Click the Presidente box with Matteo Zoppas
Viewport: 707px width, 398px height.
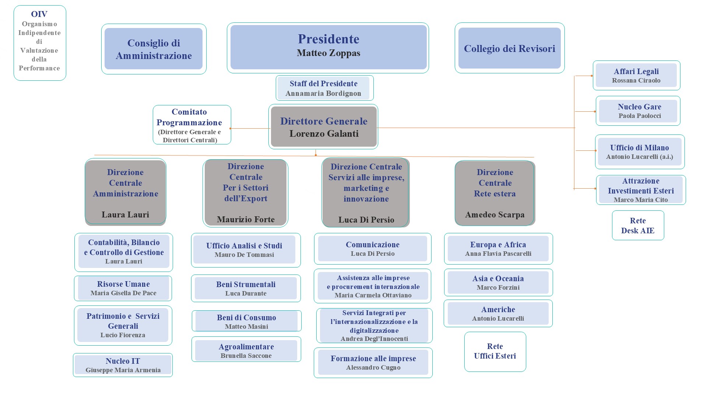coord(328,47)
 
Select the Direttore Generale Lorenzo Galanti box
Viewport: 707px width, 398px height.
coord(323,127)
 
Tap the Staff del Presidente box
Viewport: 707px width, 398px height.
coord(324,88)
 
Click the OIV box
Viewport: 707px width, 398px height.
coord(40,43)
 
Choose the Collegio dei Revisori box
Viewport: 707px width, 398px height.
coord(509,48)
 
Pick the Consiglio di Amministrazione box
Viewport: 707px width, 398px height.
coord(154,49)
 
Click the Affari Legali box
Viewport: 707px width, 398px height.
coord(636,76)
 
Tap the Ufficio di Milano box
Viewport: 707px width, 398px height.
coord(639,152)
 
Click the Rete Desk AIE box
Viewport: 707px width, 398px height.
coord(638,226)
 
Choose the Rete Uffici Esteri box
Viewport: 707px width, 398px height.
coord(495,351)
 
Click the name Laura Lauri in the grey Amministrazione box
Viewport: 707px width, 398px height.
coord(125,215)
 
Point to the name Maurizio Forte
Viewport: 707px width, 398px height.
coord(246,220)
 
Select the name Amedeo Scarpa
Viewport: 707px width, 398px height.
coord(495,215)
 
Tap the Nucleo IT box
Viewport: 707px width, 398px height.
coord(123,365)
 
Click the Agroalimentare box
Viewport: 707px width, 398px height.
coord(246,350)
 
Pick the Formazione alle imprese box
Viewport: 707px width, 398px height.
coord(373,363)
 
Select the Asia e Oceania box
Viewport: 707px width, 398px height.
coord(498,283)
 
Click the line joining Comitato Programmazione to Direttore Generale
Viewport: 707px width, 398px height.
coord(250,128)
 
